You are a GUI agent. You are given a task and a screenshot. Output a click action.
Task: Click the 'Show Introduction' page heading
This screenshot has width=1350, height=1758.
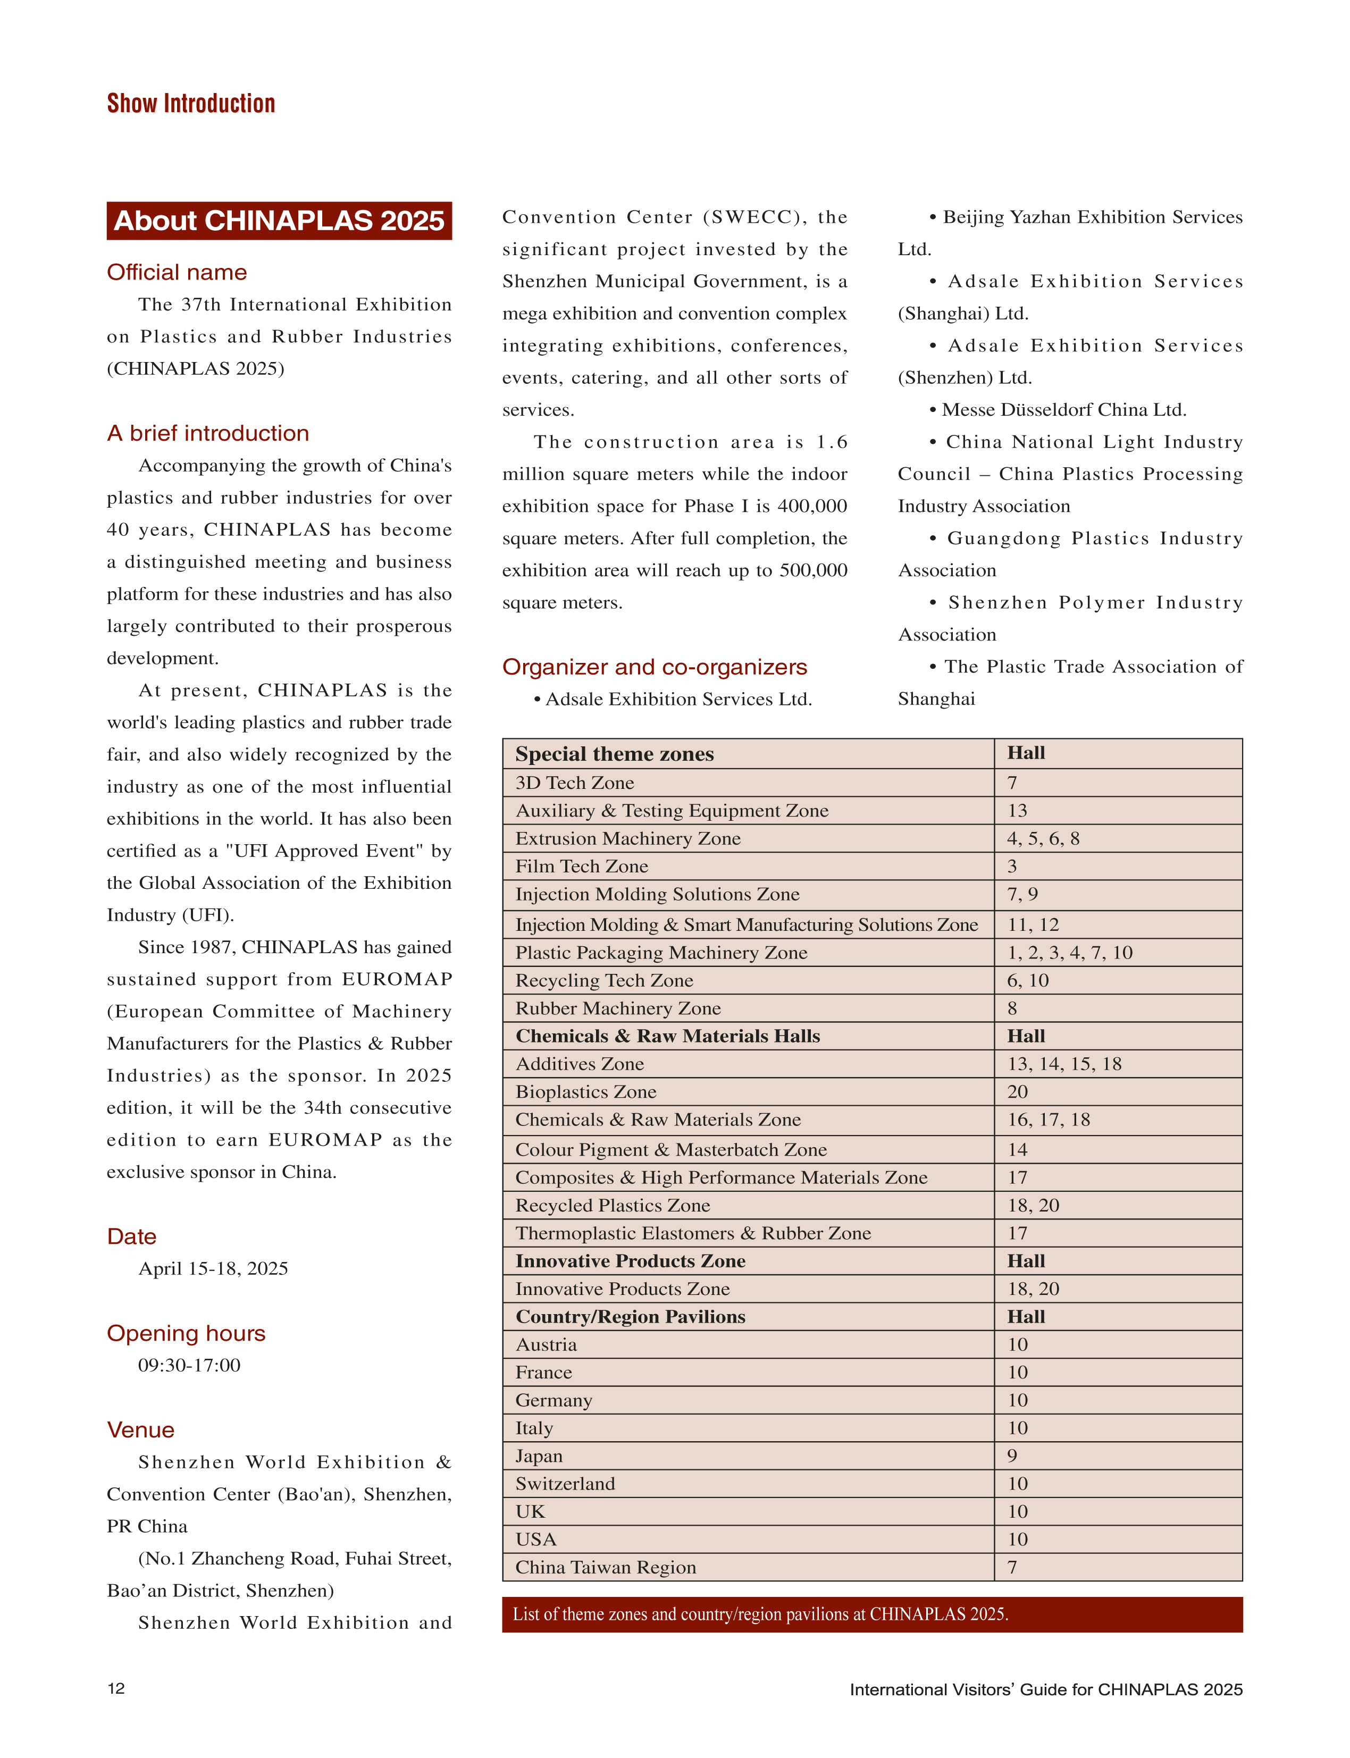191,104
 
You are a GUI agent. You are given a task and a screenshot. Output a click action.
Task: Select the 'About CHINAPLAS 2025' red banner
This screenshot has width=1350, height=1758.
279,221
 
